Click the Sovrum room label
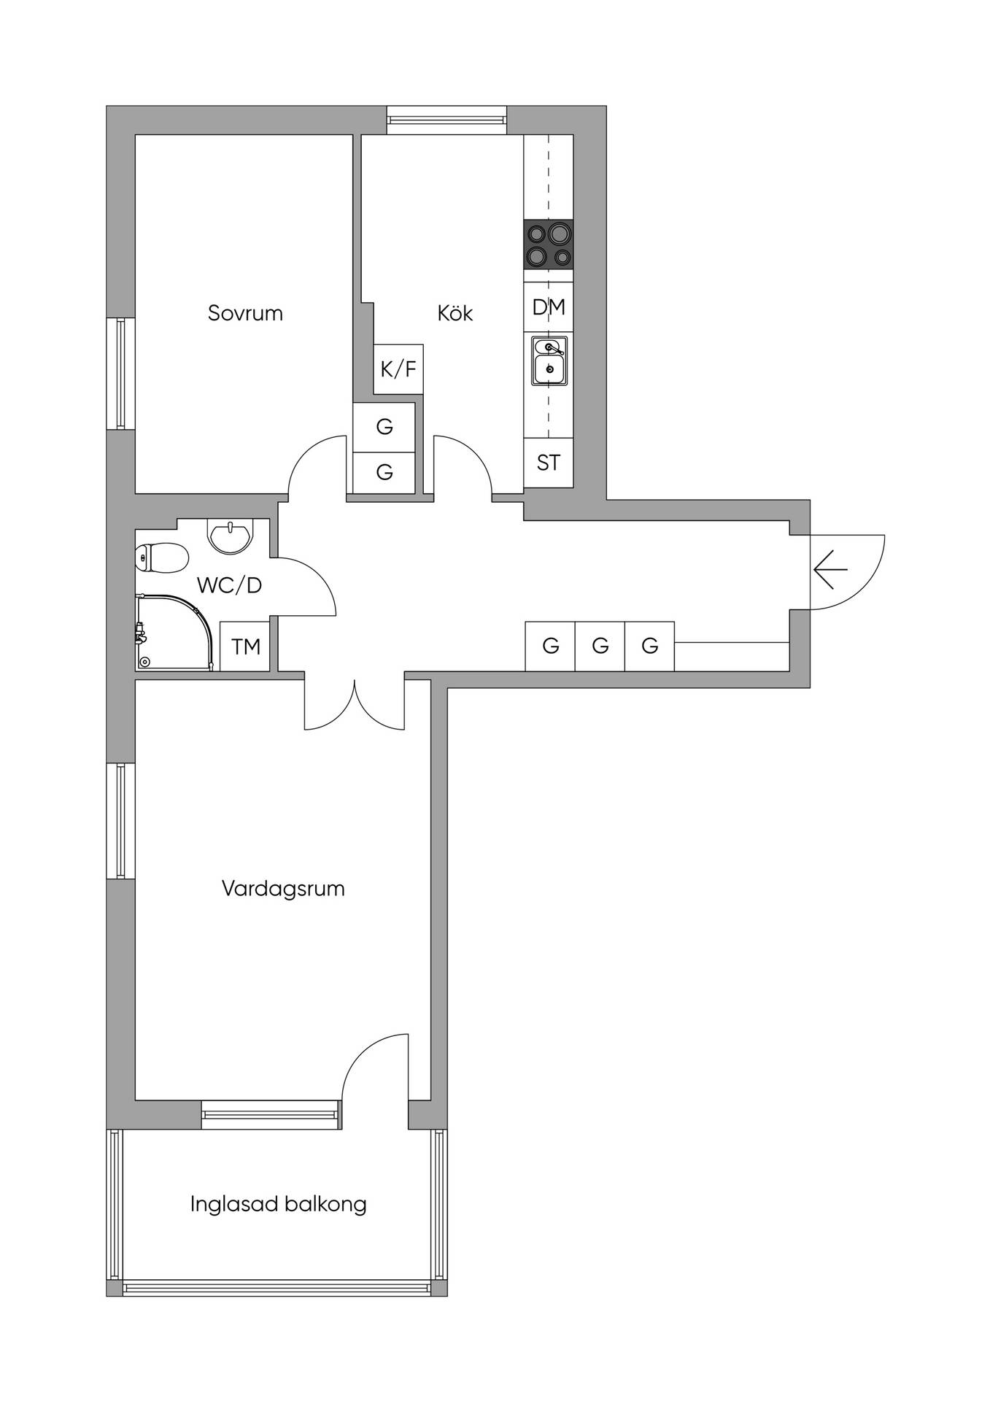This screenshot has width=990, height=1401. [x=245, y=313]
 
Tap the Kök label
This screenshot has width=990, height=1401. [x=455, y=313]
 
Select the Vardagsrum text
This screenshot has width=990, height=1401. [x=283, y=889]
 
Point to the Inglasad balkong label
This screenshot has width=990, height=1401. [x=278, y=1204]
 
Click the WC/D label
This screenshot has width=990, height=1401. [x=229, y=585]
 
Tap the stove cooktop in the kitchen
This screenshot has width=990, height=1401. [x=549, y=244]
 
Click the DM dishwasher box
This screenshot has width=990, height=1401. [x=549, y=307]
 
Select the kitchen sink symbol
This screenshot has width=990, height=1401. [x=549, y=360]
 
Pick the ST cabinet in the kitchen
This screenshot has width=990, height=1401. [x=549, y=463]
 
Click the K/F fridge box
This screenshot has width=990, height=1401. [x=398, y=369]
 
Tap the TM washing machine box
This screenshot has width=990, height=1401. [x=245, y=647]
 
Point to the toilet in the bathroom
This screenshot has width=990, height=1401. [x=162, y=558]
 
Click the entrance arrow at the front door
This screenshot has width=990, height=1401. [x=830, y=569]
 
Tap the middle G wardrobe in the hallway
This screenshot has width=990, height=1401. [x=600, y=646]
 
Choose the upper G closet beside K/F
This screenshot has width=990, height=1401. [x=384, y=427]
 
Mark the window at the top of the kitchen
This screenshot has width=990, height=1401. [x=446, y=120]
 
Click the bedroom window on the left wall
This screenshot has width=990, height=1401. [x=121, y=374]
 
